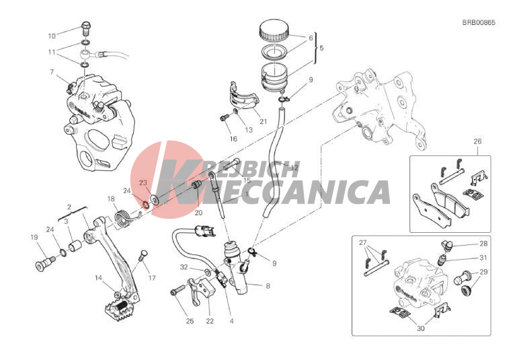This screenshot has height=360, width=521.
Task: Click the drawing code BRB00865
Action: click(479, 23)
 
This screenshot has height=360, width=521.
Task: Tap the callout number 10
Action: click(52, 36)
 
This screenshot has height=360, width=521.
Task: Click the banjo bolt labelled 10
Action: click(85, 28)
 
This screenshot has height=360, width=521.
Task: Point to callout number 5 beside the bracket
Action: click(321, 48)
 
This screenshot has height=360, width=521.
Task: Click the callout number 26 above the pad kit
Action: click(477, 141)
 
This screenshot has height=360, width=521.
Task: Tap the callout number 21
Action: click(263, 122)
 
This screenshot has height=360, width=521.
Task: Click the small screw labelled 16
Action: click(225, 117)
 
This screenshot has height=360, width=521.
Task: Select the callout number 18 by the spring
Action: click(111, 199)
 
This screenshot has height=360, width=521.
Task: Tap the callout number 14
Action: click(98, 278)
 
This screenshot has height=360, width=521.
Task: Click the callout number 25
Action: click(190, 321)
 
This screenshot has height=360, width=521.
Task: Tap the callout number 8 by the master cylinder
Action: click(268, 286)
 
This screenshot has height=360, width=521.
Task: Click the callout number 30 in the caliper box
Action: click(421, 329)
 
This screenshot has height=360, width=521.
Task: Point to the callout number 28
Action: click(483, 244)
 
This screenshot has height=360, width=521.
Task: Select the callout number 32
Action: click(184, 267)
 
